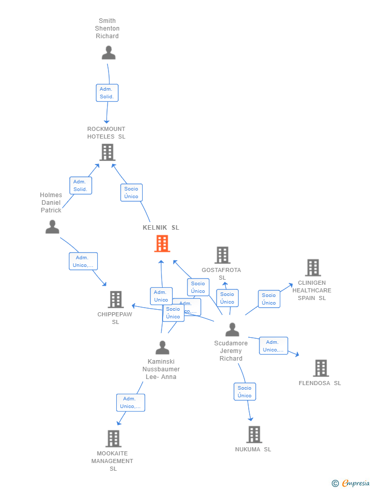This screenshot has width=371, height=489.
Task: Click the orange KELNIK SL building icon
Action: point(162,243)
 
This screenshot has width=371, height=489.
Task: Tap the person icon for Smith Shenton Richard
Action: point(108,53)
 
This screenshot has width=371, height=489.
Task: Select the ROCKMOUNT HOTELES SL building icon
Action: point(107,152)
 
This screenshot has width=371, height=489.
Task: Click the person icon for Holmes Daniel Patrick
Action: point(52,227)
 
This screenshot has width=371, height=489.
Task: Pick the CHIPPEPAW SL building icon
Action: point(116,300)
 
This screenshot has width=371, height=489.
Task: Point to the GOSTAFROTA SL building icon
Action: point(222,255)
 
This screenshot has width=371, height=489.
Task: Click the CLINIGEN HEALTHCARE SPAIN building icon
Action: point(312,268)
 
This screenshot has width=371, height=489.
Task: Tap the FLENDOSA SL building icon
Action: point(321,368)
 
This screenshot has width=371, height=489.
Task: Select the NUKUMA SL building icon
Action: point(254,434)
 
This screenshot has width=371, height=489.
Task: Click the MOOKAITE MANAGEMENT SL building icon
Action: point(113,439)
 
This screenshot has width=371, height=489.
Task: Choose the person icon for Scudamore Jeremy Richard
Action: point(232,330)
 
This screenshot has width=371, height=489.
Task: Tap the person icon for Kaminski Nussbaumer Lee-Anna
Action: point(162,348)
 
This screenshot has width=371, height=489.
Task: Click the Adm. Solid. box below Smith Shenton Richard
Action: point(107,93)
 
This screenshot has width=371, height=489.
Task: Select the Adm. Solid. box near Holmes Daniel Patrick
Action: point(81,185)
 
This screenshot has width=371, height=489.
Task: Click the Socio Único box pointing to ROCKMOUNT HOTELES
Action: point(131,193)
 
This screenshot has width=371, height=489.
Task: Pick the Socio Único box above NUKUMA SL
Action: point(245,392)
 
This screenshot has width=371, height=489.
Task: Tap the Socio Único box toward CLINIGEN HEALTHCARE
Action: point(269,299)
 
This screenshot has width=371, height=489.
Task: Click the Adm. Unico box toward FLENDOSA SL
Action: point(273,346)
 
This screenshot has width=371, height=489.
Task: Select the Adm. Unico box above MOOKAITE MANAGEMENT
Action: point(130,402)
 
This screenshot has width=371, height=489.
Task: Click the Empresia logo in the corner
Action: point(351,483)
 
